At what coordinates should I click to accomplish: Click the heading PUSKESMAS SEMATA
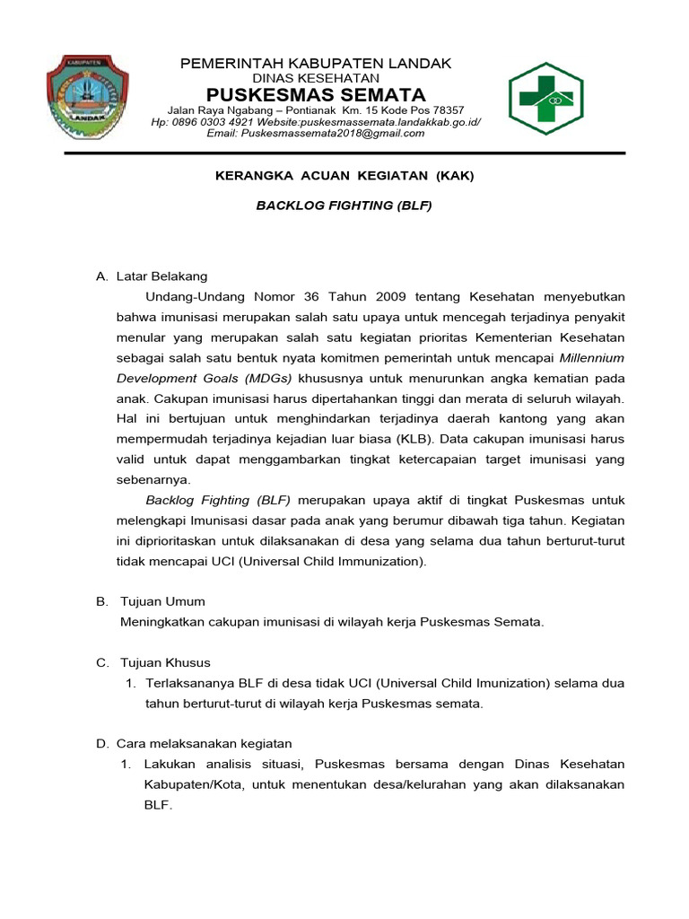(316, 95)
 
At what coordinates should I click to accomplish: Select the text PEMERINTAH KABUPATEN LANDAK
(316, 64)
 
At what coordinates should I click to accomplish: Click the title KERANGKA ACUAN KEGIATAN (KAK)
(344, 176)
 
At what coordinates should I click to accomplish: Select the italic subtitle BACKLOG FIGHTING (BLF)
(344, 206)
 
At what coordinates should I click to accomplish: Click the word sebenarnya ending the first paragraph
(152, 479)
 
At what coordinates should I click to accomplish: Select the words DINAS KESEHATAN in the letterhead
(316, 79)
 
